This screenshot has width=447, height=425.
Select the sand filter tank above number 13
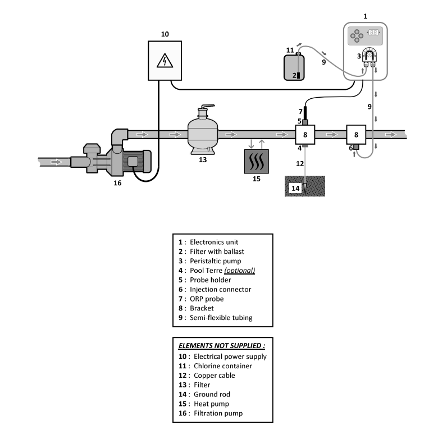[x=203, y=132]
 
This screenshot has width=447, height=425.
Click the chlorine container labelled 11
[x=297, y=67]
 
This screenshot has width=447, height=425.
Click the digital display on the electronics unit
[x=373, y=35]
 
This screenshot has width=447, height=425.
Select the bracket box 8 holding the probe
[x=305, y=135]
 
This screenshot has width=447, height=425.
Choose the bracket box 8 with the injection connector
[x=356, y=135]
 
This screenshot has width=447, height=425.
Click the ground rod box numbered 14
[x=296, y=188]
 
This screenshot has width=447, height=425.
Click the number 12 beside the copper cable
[x=299, y=163]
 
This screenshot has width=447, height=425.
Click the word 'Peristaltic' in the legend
[x=206, y=261]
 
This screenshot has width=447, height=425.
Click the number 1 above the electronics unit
[x=366, y=16]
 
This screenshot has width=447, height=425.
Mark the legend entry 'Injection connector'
[x=220, y=289]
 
